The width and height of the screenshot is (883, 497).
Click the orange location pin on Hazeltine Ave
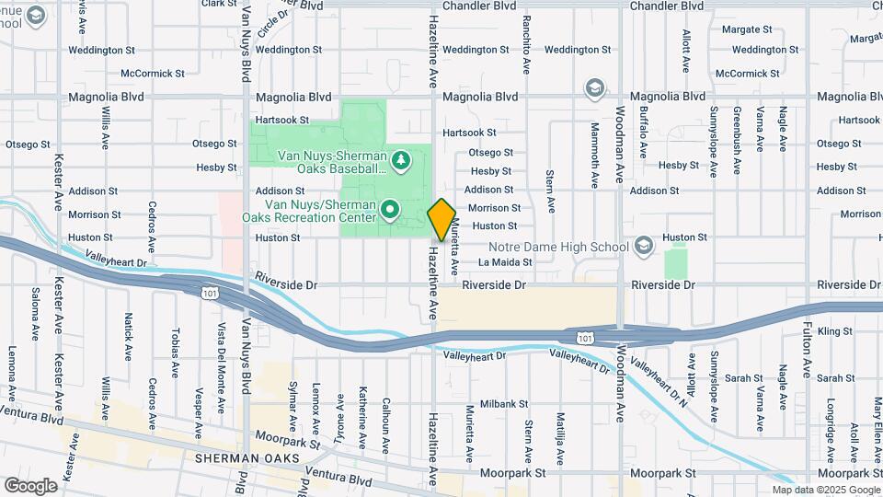(x=441, y=219)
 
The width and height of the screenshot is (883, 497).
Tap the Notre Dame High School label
(x=558, y=246)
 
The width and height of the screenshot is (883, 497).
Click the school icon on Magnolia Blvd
(x=595, y=87)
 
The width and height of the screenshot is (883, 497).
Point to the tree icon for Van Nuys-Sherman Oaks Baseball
(x=400, y=162)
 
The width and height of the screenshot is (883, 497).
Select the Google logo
(x=30, y=485)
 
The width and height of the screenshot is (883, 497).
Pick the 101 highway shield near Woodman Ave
(x=585, y=338)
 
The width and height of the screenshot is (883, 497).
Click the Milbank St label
(x=503, y=403)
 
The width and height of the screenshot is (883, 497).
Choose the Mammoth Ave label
(x=594, y=146)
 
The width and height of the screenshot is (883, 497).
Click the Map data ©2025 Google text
(x=825, y=490)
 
